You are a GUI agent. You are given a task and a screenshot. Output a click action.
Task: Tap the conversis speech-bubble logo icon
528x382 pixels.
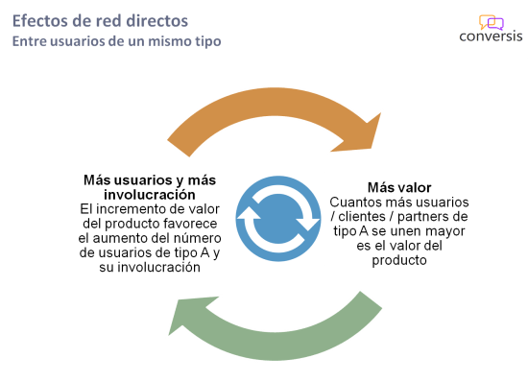click(x=491, y=21)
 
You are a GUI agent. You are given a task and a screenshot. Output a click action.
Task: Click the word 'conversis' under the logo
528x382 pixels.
click(x=491, y=38)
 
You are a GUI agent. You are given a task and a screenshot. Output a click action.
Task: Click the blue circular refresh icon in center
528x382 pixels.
click(x=278, y=219)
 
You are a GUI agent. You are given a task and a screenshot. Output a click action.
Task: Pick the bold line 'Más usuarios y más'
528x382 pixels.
click(x=149, y=179)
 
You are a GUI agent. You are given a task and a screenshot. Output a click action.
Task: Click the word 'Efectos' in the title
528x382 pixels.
click(x=38, y=20)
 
